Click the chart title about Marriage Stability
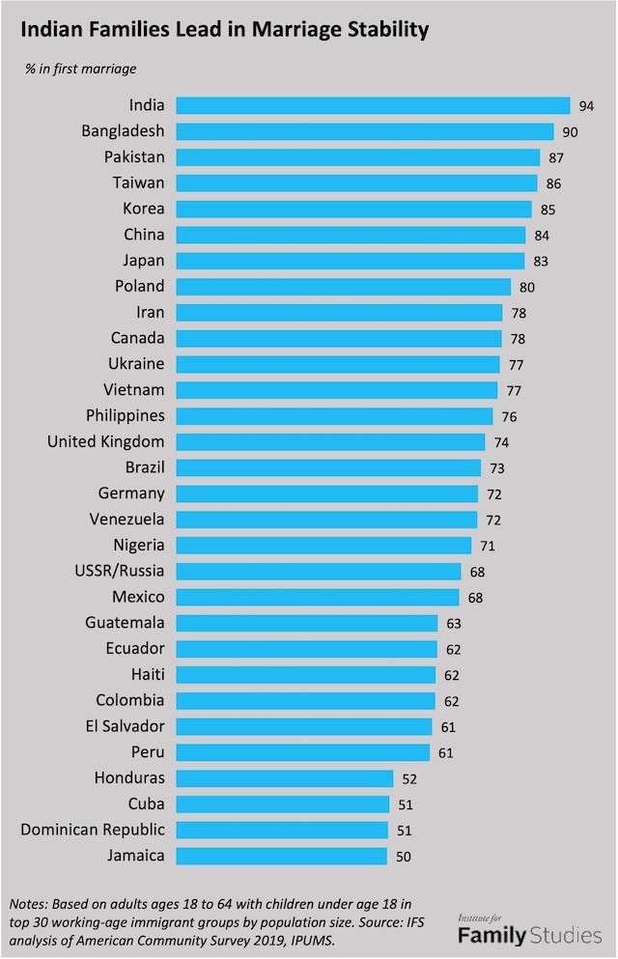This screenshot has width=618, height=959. point(224,30)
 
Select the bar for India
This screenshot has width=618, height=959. point(373,105)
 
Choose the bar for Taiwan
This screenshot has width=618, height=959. point(356,183)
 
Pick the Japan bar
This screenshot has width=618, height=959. point(351,261)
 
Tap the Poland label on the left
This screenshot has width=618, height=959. point(140,286)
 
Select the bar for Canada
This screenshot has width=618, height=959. point(339,338)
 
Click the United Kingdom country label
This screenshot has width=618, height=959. point(106,441)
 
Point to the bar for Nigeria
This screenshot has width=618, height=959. point(323,546)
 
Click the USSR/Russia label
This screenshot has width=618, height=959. point(120,571)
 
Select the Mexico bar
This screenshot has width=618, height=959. point(318,597)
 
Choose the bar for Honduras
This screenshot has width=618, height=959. point(285,778)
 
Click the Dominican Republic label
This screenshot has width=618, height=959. point(93,830)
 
